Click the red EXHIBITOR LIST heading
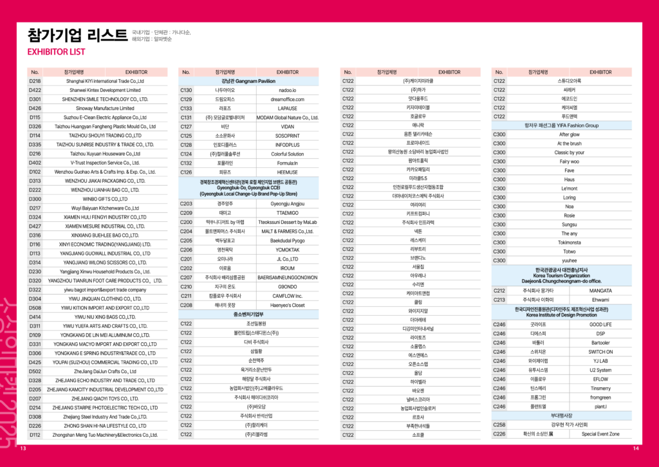(56, 51)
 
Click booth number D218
(35, 81)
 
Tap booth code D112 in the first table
(35, 435)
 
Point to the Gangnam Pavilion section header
(248, 81)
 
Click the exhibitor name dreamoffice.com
(287, 99)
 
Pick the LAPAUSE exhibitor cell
(287, 108)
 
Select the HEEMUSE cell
(287, 172)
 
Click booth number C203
(186, 203)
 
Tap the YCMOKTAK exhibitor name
(287, 249)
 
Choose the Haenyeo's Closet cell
(287, 305)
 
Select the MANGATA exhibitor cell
(600, 290)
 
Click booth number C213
(499, 299)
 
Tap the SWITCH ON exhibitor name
(600, 352)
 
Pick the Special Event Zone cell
(600, 434)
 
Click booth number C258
(499, 425)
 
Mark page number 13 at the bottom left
(23, 448)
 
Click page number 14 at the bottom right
(635, 448)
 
